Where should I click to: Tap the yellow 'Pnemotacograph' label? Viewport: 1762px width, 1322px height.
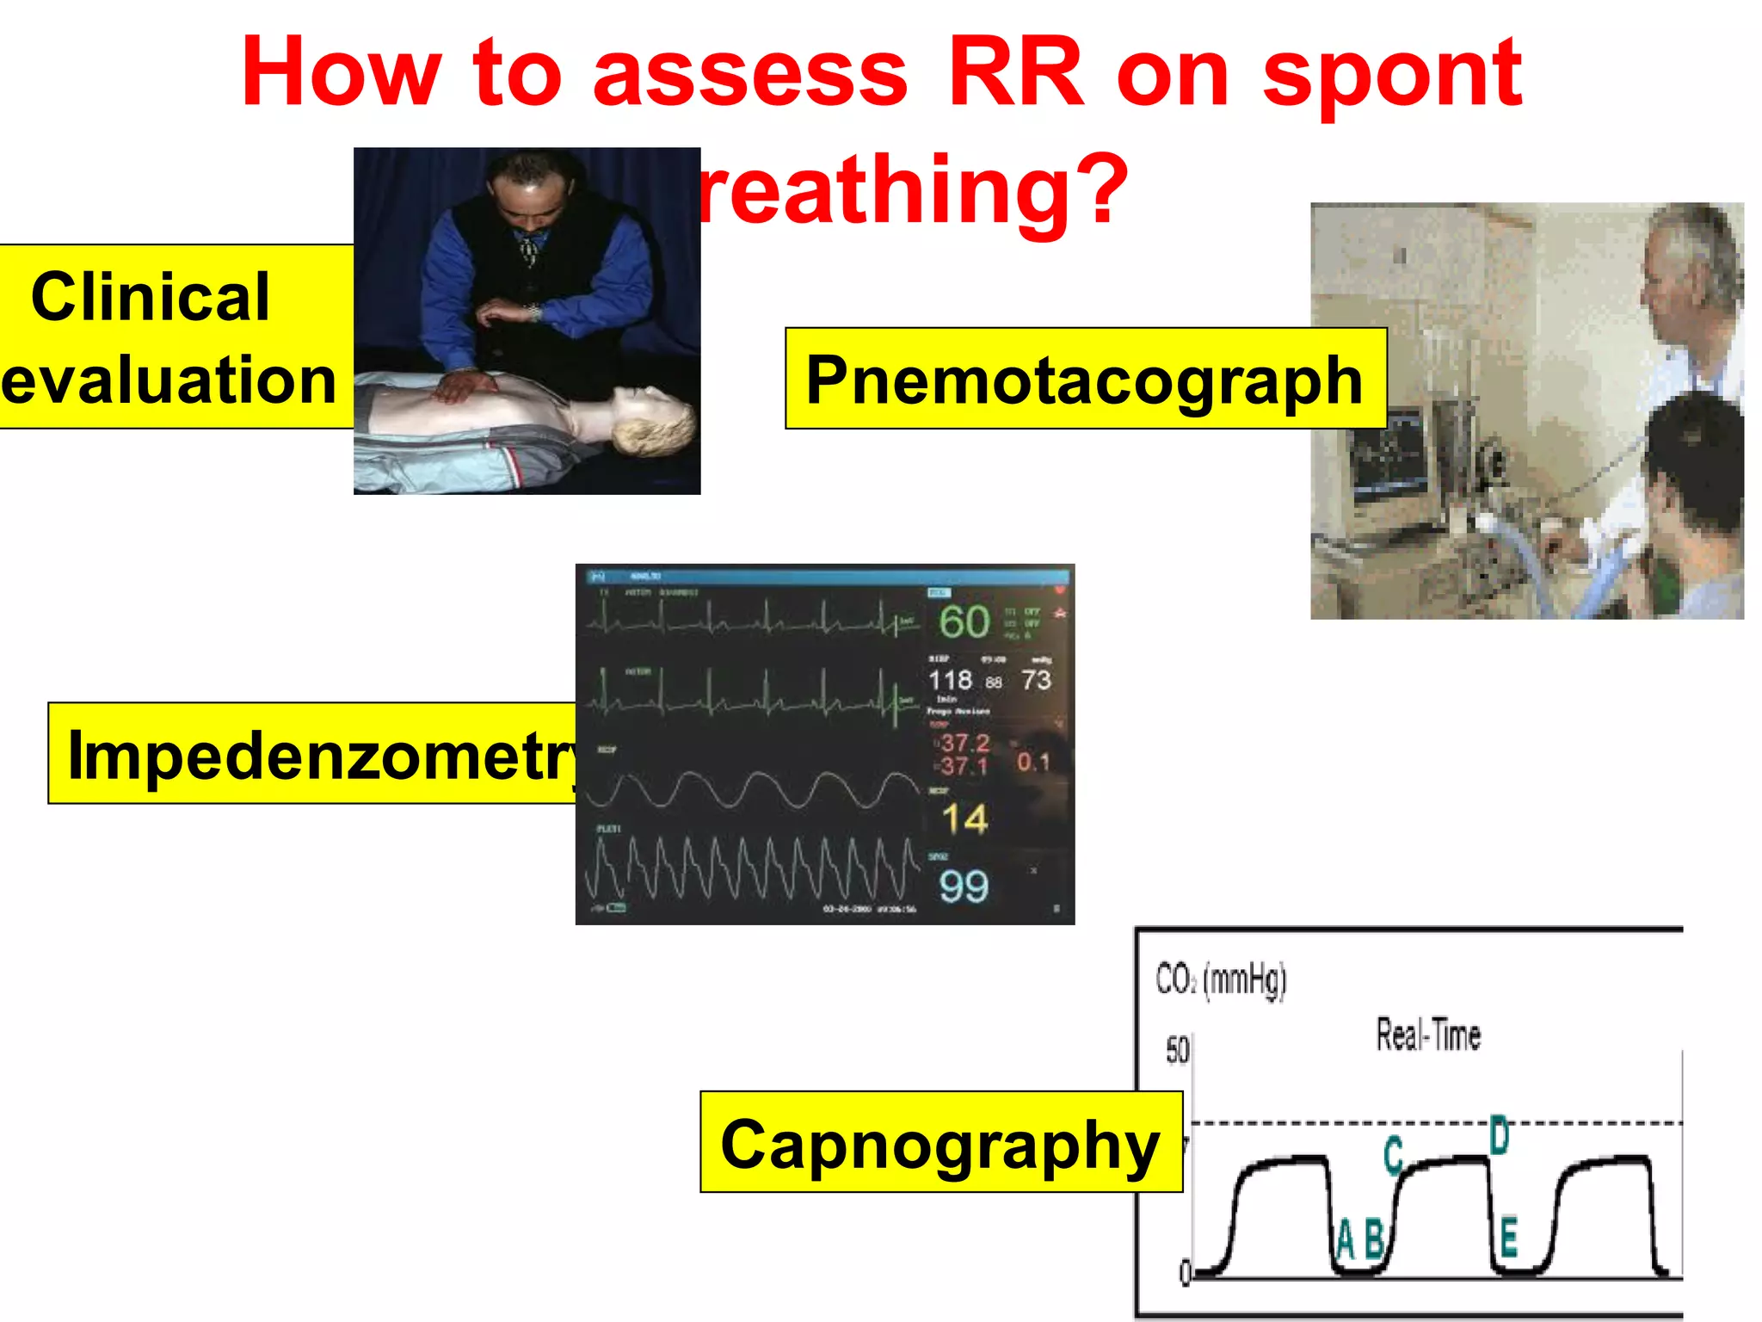[1085, 379]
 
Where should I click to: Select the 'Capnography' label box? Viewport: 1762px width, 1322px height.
[940, 1143]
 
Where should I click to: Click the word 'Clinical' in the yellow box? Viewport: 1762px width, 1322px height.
[151, 296]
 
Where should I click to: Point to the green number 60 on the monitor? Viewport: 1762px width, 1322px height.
[964, 622]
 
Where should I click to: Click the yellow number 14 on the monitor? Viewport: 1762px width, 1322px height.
[964, 819]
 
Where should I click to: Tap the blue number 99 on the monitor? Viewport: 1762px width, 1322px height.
[964, 886]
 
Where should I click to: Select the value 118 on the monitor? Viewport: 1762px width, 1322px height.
[950, 680]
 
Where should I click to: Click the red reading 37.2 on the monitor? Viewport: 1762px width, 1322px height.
[964, 742]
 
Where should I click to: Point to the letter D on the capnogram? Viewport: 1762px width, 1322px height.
[1499, 1135]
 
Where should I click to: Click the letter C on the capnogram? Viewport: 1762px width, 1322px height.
[1394, 1155]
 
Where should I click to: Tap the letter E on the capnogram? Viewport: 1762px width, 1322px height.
[1508, 1239]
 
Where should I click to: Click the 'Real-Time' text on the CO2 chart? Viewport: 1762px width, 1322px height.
[1428, 1035]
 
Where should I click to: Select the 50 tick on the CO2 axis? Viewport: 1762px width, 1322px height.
[1177, 1050]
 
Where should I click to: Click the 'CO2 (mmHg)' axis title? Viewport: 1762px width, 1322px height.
[1221, 979]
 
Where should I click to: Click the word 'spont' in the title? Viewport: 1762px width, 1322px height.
[1392, 74]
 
